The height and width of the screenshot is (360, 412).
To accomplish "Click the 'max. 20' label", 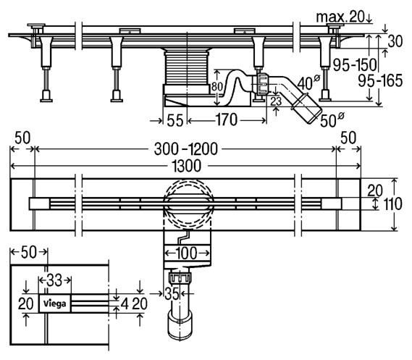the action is coord(341,17).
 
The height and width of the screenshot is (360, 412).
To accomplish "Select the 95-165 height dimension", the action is coord(380,80).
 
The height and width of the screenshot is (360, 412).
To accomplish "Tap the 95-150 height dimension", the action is coord(355,64).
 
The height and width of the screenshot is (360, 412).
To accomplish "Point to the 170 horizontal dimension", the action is coord(226,120).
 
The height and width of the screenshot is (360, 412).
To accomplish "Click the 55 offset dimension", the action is coord(175,121).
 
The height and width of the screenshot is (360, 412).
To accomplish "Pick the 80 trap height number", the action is coord(217,87).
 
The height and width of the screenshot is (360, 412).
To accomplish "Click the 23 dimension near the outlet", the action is coord(276,101).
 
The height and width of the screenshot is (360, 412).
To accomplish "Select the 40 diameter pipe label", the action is coord(308,83).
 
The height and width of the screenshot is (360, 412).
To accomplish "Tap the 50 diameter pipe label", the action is coord(332,120).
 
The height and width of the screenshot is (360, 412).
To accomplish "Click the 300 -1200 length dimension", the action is coord(186,149).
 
